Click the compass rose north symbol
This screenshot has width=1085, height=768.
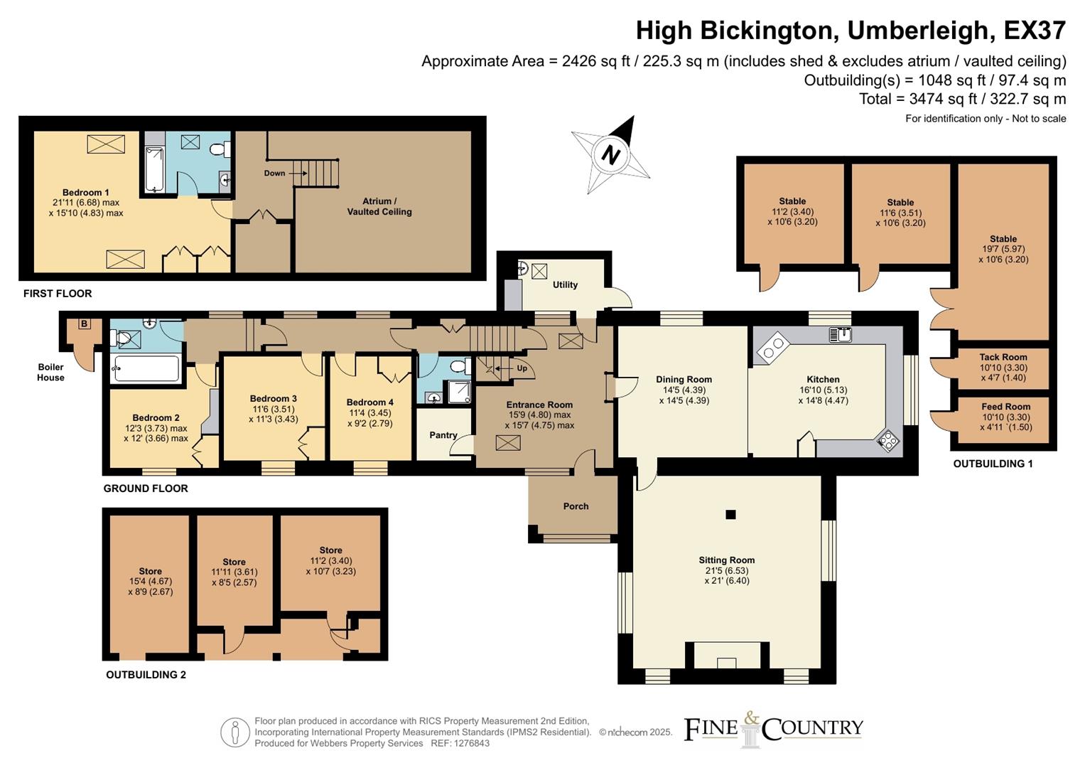pyautogui.click(x=610, y=154)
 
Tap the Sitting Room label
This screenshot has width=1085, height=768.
pyautogui.click(x=726, y=560)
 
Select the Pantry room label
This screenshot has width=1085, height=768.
pyautogui.click(x=443, y=435)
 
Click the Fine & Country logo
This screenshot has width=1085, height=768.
pyautogui.click(x=773, y=729)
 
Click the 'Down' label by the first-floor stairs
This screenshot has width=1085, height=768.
pyautogui.click(x=274, y=173)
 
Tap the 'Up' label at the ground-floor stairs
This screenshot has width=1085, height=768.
pyautogui.click(x=522, y=368)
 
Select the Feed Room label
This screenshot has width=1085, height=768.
pyautogui.click(x=1005, y=407)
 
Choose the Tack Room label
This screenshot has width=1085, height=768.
pyautogui.click(x=1003, y=358)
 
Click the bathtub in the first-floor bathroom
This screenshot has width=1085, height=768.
pyautogui.click(x=155, y=169)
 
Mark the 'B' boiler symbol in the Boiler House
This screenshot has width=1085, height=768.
pyautogui.click(x=84, y=324)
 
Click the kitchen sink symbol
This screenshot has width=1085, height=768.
pyautogui.click(x=840, y=334)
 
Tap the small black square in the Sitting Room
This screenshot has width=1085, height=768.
pyautogui.click(x=730, y=515)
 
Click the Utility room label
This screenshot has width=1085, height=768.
pyautogui.click(x=565, y=284)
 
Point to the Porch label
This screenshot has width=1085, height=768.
pyautogui.click(x=576, y=506)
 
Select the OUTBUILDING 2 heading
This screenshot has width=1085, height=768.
pyautogui.click(x=146, y=675)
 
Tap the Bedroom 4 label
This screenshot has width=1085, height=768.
pyautogui.click(x=369, y=402)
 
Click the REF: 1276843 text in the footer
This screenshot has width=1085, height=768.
pyautogui.click(x=460, y=743)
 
